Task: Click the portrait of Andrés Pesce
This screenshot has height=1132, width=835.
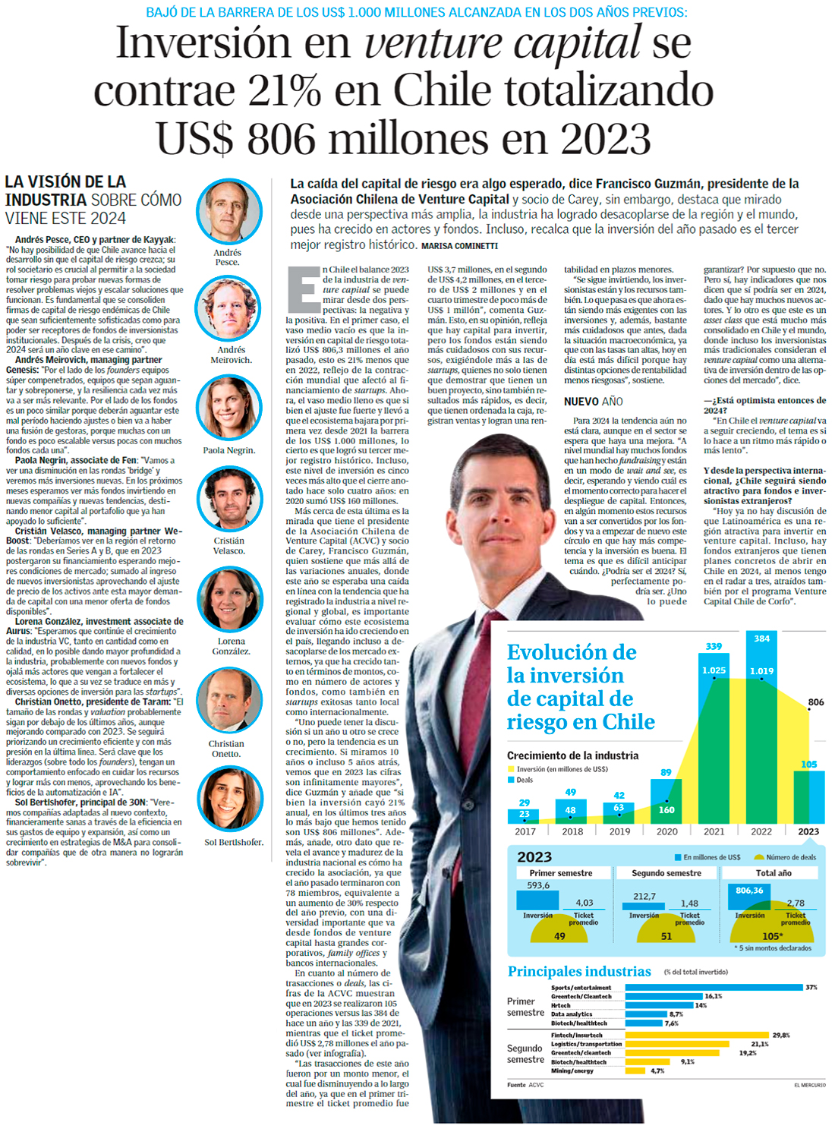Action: click(x=228, y=212)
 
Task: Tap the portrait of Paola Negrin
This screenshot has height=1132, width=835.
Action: click(x=228, y=408)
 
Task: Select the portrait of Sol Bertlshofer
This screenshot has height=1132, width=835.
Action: click(x=231, y=799)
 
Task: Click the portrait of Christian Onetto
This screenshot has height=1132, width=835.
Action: click(x=230, y=702)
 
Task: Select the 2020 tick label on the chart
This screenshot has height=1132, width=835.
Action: click(x=666, y=831)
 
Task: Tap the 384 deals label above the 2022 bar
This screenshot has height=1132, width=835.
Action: click(x=761, y=639)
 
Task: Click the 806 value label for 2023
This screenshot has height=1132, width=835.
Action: click(x=815, y=702)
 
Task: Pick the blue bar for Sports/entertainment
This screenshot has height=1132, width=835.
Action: click(x=714, y=988)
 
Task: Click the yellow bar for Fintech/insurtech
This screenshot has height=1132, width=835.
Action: click(x=697, y=1035)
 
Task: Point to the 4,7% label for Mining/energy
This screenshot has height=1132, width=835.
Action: click(x=657, y=1071)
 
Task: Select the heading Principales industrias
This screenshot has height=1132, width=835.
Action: click(x=579, y=971)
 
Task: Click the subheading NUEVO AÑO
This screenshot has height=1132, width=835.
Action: click(x=593, y=402)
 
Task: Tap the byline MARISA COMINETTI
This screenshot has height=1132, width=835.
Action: click(x=459, y=246)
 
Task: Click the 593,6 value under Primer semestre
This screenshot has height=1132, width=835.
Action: click(x=538, y=885)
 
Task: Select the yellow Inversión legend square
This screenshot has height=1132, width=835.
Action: click(x=510, y=769)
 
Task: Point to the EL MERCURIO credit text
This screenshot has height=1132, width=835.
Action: click(x=809, y=1085)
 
